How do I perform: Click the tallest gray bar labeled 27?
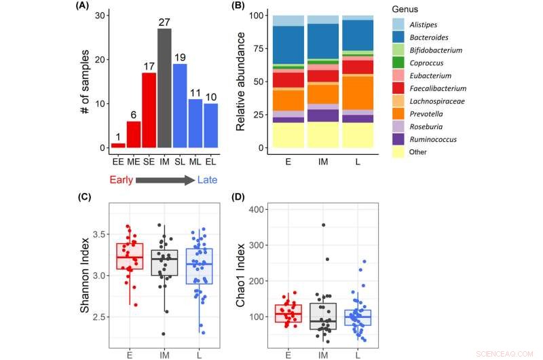[165, 88]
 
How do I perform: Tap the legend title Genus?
[406, 10]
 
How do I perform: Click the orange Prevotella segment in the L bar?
[357, 92]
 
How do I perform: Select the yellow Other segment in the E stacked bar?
[287, 135]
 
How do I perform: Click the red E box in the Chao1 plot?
[287, 314]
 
